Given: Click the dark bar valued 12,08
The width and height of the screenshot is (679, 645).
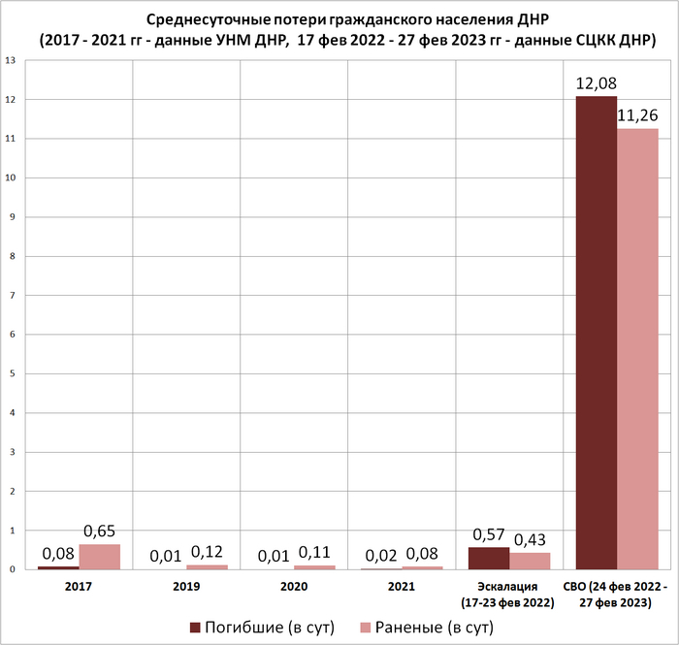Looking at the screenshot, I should pos(597,333).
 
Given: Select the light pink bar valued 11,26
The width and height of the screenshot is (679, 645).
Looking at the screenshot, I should pos(637,349).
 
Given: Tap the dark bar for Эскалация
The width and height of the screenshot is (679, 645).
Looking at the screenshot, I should pos(489,559).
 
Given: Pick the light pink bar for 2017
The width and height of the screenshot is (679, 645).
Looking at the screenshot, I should pos(100,557).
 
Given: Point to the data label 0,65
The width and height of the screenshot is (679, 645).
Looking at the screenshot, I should pos(101,532).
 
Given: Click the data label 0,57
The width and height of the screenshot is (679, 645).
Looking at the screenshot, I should pos(489,534).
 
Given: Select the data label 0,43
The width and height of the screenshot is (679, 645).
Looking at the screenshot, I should pos(531,539).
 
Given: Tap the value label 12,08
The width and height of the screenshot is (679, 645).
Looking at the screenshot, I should pos(596,83).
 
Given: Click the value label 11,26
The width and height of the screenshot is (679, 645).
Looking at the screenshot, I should pos(637,115).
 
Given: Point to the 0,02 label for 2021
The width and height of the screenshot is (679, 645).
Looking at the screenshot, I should pos(381,556).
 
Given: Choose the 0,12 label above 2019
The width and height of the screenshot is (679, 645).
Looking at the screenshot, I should pos(208,552).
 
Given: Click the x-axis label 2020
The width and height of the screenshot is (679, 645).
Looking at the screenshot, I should pos(294,587).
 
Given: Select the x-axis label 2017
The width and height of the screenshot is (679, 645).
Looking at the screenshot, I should pos(79,587).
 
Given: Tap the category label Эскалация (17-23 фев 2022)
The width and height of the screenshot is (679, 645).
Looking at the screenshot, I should pos(509,595).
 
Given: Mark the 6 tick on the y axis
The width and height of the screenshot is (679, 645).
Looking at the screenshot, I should pos(11,335).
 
